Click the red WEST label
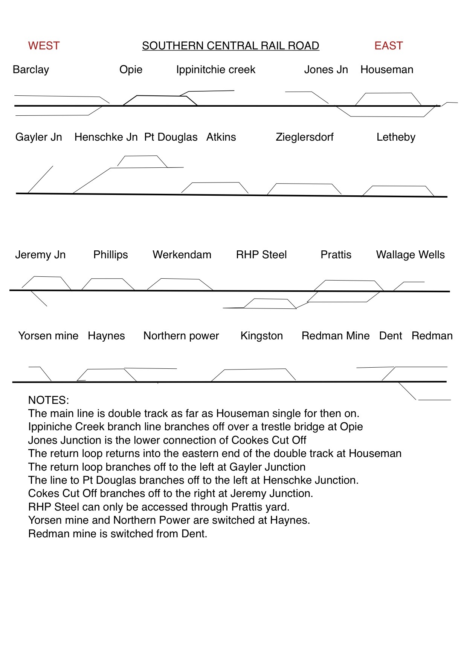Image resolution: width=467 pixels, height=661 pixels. point(44,46)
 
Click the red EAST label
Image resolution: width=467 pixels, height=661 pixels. point(388,46)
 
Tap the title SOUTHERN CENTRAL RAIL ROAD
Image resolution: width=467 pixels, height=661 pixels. point(230,46)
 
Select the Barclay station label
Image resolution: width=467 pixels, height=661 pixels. point(31,70)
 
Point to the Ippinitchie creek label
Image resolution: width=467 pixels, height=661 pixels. point(215,70)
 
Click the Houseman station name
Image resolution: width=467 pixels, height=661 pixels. point(387,70)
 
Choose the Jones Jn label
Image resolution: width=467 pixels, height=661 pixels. point(326,70)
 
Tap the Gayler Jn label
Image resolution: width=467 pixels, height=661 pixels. point(39,137)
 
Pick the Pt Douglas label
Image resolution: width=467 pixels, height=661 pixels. point(171,137)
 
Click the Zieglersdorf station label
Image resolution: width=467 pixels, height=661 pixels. point(304,137)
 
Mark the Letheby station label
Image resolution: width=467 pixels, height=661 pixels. point(396,137)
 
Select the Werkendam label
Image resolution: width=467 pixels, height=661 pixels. point(182,255)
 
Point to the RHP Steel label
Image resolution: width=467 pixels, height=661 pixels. point(261,255)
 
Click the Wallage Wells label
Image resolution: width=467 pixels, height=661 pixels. point(410,255)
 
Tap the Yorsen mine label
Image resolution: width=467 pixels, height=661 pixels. point(48,336)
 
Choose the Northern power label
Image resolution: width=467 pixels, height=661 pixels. point(181,336)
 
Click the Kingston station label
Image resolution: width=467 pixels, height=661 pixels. point(261,336)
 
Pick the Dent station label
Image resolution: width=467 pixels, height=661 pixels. point(391,336)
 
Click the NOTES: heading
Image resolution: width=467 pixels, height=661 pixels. point(49,400)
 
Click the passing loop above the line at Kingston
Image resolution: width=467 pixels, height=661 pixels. point(254,370)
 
